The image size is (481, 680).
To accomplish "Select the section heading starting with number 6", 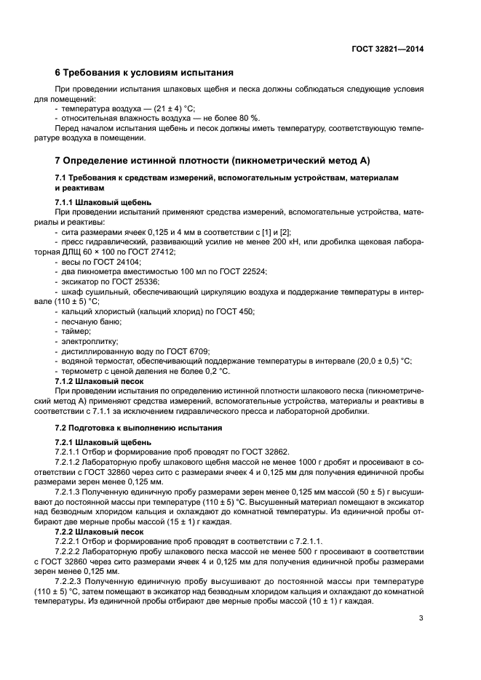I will pyautogui.click(x=144, y=73).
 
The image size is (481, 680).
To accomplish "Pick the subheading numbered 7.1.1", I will pyautogui.click(x=103, y=201).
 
